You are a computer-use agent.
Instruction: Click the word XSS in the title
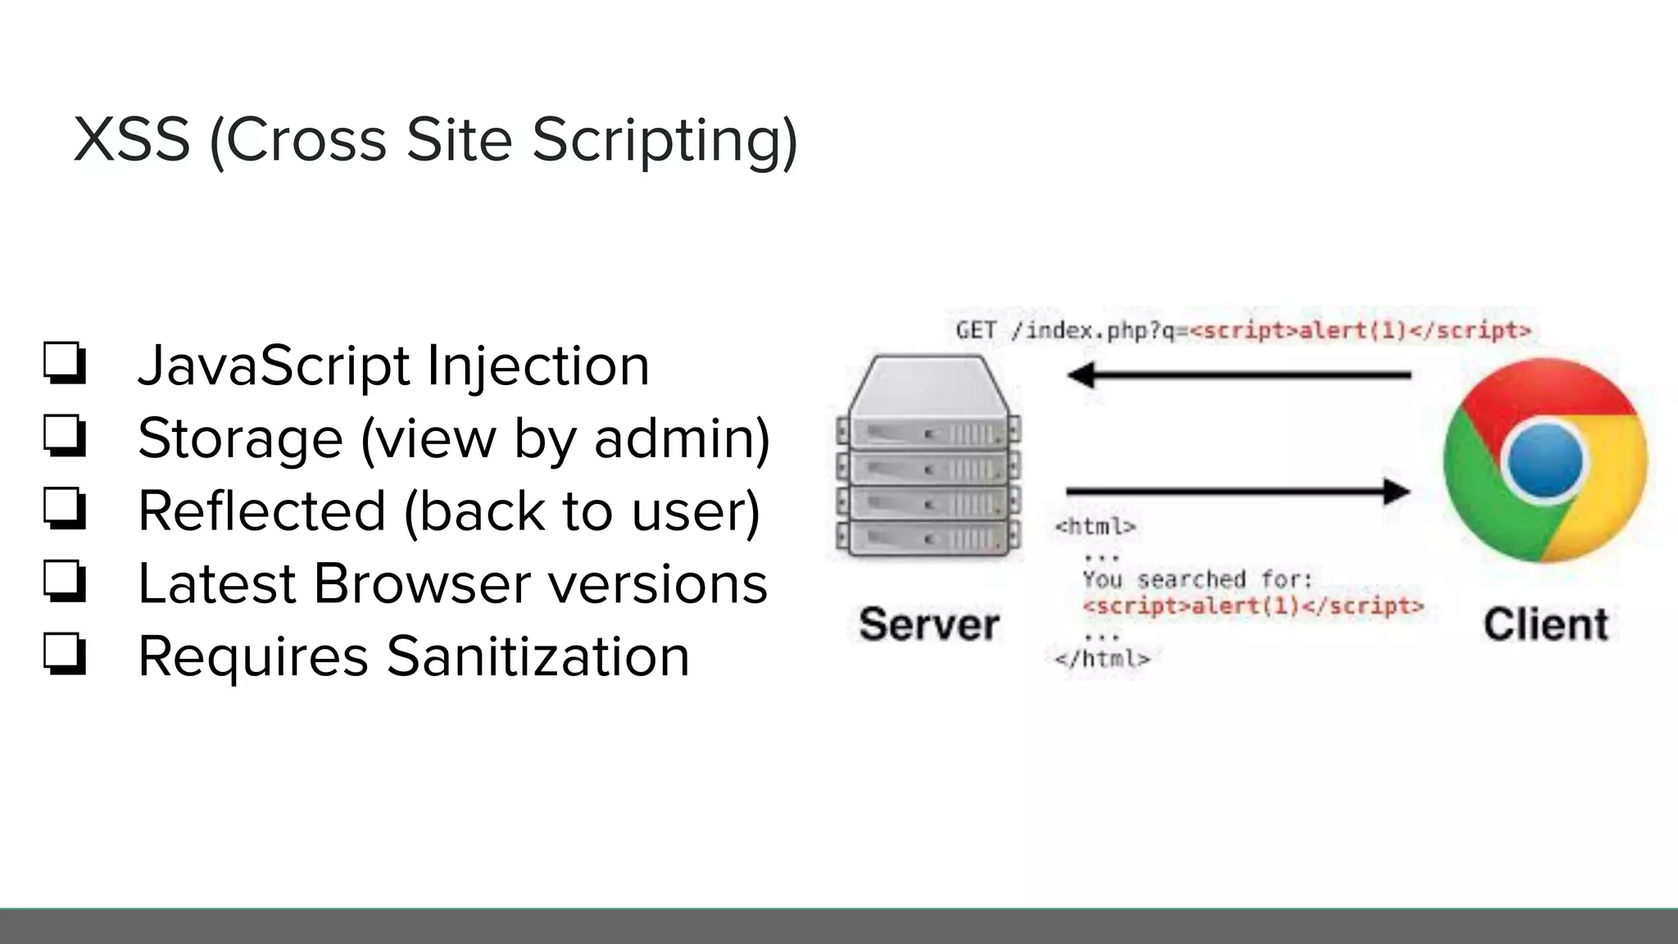pyautogui.click(x=132, y=139)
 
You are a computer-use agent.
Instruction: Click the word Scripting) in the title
pyautogui.click(x=664, y=141)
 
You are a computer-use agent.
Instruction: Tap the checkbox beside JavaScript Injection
pyautogui.click(x=65, y=363)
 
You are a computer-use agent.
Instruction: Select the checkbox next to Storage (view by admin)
pyautogui.click(x=65, y=436)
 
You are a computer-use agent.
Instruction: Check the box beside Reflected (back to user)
pyautogui.click(x=65, y=509)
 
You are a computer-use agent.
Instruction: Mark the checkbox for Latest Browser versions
pyautogui.click(x=65, y=581)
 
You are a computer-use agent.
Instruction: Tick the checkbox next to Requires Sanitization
pyautogui.click(x=65, y=654)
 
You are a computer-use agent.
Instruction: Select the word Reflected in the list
pyautogui.click(x=261, y=511)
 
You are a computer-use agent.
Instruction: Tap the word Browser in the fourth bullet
pyautogui.click(x=422, y=583)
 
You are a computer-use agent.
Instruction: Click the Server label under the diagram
pyautogui.click(x=928, y=624)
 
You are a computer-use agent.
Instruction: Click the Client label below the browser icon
pyautogui.click(x=1545, y=624)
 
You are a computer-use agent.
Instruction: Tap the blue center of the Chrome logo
pyautogui.click(x=1545, y=461)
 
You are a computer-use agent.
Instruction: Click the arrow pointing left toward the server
pyautogui.click(x=1238, y=375)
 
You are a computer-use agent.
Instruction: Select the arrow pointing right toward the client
pyautogui.click(x=1238, y=492)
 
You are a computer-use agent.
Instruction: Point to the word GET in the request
pyautogui.click(x=976, y=330)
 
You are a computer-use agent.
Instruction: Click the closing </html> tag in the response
pyautogui.click(x=1103, y=658)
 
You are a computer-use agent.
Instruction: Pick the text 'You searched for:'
pyautogui.click(x=1197, y=579)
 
